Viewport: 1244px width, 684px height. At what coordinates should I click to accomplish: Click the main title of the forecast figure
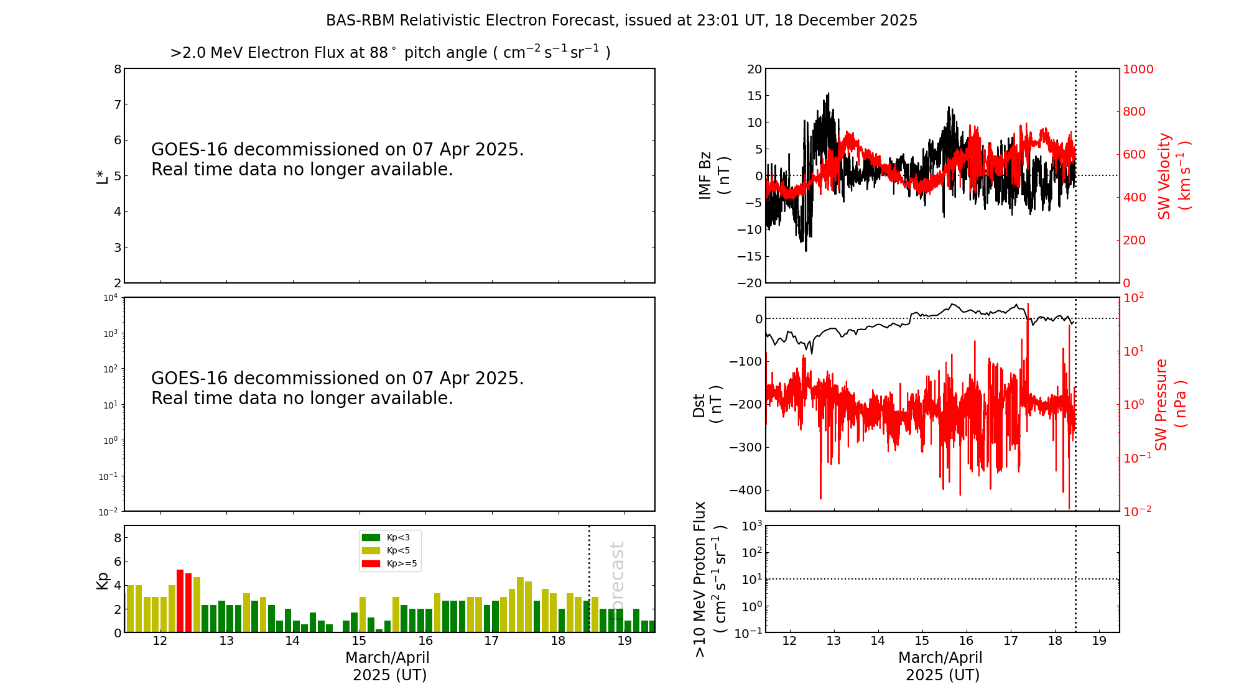[621, 21]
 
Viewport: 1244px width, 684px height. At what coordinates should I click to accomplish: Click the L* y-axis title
[102, 175]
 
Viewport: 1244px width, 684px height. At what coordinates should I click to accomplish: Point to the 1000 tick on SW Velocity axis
[1138, 69]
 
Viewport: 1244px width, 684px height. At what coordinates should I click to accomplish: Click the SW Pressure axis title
[1170, 404]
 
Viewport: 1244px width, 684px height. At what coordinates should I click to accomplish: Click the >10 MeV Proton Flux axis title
[710, 579]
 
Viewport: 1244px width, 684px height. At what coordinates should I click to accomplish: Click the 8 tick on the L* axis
[118, 69]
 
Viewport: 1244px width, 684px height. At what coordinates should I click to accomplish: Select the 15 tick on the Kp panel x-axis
[359, 641]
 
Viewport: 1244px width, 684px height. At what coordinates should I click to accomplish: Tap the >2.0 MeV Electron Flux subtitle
[390, 53]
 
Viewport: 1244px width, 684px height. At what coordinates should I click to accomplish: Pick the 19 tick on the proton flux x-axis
[1099, 641]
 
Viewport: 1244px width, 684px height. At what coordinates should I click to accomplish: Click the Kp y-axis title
[102, 580]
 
